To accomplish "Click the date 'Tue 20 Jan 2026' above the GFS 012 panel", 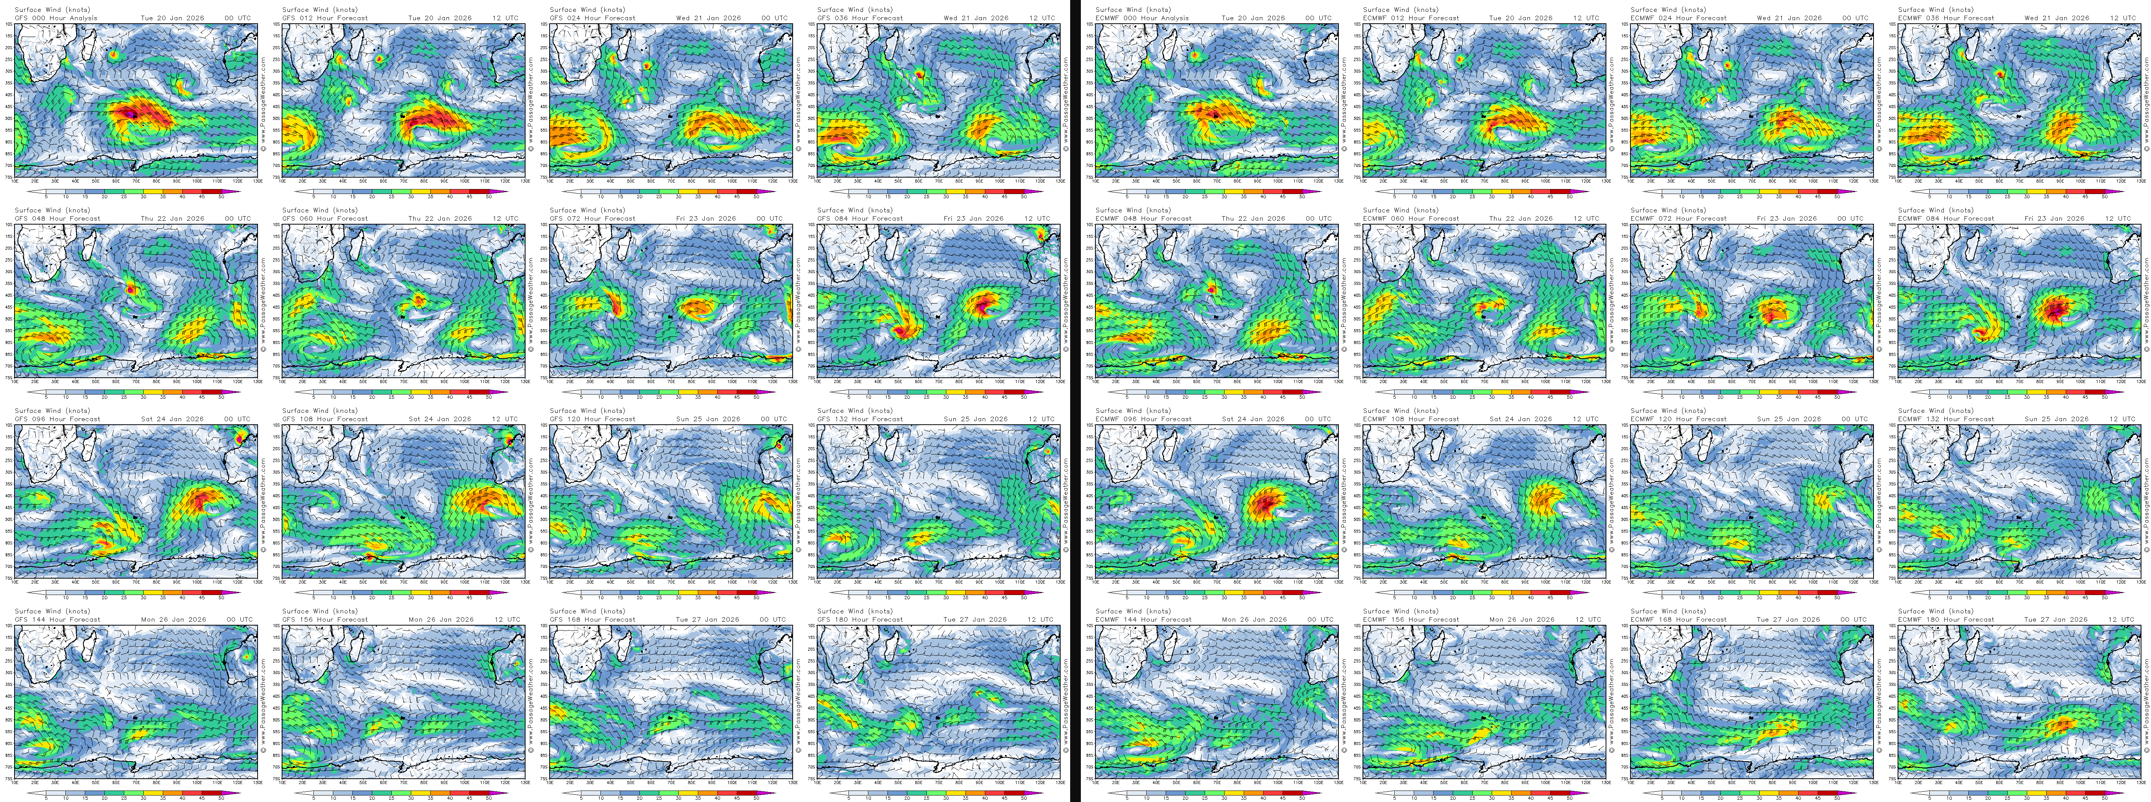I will tap(440, 18).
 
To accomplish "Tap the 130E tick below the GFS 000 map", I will tap(257, 180).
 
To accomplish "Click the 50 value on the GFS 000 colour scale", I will tap(221, 197).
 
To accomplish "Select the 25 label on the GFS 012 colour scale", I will tap(391, 197).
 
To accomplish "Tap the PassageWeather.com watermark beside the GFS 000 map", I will tap(262, 100).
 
